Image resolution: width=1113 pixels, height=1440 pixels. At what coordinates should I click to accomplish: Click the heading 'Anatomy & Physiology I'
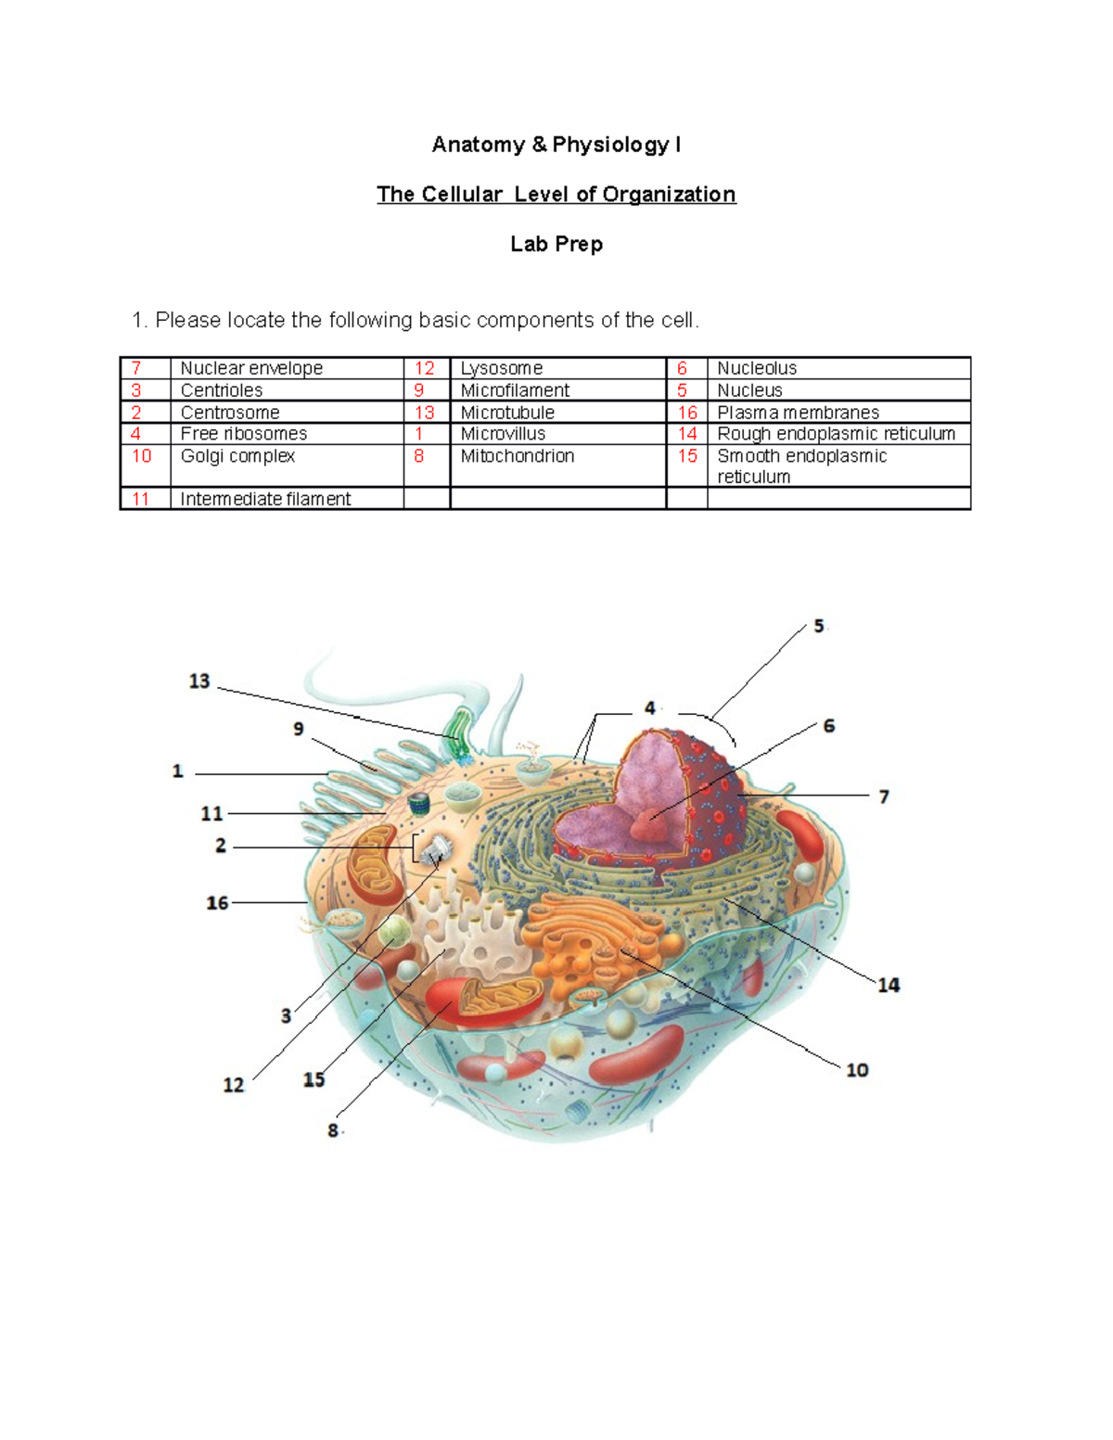tap(556, 145)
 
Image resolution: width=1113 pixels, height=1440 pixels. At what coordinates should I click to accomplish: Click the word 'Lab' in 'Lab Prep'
tap(528, 244)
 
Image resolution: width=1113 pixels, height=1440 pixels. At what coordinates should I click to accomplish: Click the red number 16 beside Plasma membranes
tap(687, 413)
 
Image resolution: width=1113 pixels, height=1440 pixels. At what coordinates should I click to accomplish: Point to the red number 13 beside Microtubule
tap(425, 413)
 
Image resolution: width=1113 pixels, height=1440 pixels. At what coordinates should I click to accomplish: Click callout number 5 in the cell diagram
tap(819, 627)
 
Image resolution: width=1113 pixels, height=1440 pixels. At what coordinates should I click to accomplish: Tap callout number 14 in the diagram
tap(889, 985)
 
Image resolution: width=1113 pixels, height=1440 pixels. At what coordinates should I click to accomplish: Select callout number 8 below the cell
tap(333, 1130)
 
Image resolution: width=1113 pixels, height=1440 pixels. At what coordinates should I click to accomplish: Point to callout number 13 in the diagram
tap(199, 682)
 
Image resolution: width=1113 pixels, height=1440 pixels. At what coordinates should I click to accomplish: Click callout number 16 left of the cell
tap(217, 902)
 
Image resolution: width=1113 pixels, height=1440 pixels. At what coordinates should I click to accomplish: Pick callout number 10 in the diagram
tap(857, 1070)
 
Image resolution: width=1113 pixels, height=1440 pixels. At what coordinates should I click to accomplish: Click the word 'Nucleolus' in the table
tap(757, 368)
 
